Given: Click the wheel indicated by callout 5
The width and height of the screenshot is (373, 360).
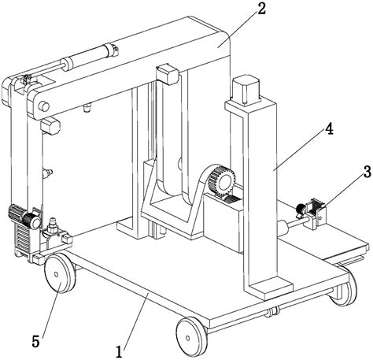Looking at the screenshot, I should point(59,277).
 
